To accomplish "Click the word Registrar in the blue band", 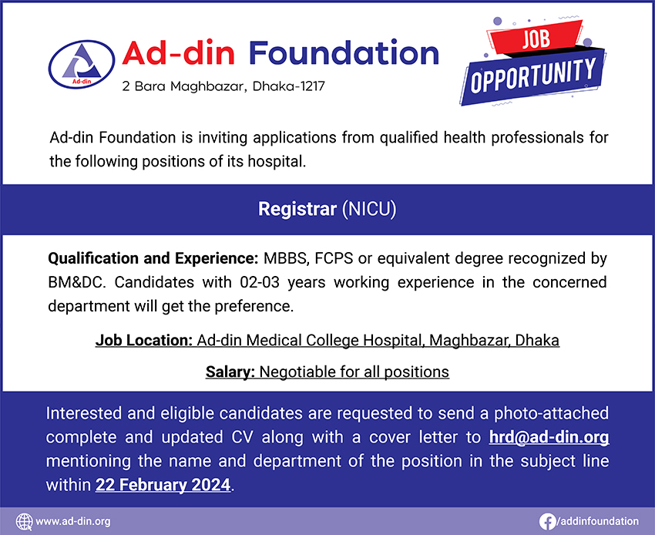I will (297, 209).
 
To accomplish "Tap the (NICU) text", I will (369, 209).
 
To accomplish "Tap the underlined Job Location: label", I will (143, 339).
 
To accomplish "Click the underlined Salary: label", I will (230, 372).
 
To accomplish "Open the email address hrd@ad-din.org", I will (549, 437).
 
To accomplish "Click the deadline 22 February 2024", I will (163, 486).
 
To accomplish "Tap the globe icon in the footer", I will (24, 521).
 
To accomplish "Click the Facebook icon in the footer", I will (548, 521).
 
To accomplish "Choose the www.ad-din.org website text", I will (73, 521).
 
